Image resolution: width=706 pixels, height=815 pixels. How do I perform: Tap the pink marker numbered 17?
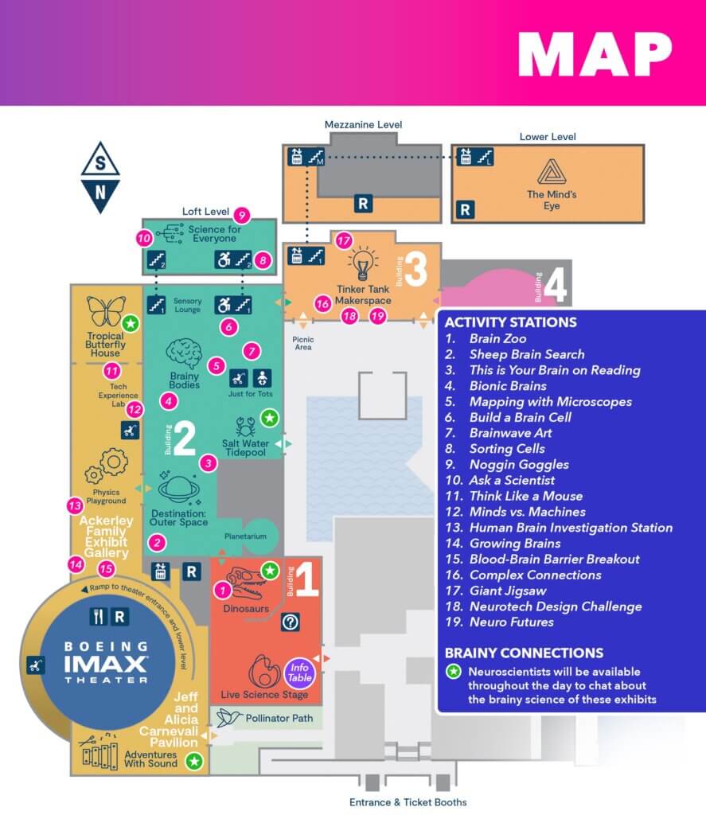tap(343, 240)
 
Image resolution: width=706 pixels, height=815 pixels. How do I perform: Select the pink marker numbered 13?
tap(75, 505)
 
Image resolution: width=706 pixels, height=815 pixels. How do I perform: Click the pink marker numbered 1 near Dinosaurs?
tap(224, 590)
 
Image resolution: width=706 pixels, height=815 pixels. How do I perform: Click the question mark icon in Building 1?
tap(290, 623)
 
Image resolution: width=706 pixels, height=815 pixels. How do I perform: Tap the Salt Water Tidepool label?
tap(251, 447)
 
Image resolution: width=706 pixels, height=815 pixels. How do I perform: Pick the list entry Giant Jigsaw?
tap(507, 591)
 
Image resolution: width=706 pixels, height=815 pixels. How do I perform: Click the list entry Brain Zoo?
tap(497, 339)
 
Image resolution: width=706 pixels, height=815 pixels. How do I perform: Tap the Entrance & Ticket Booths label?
tap(408, 801)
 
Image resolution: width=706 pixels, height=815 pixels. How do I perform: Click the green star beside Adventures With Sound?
tap(193, 762)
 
